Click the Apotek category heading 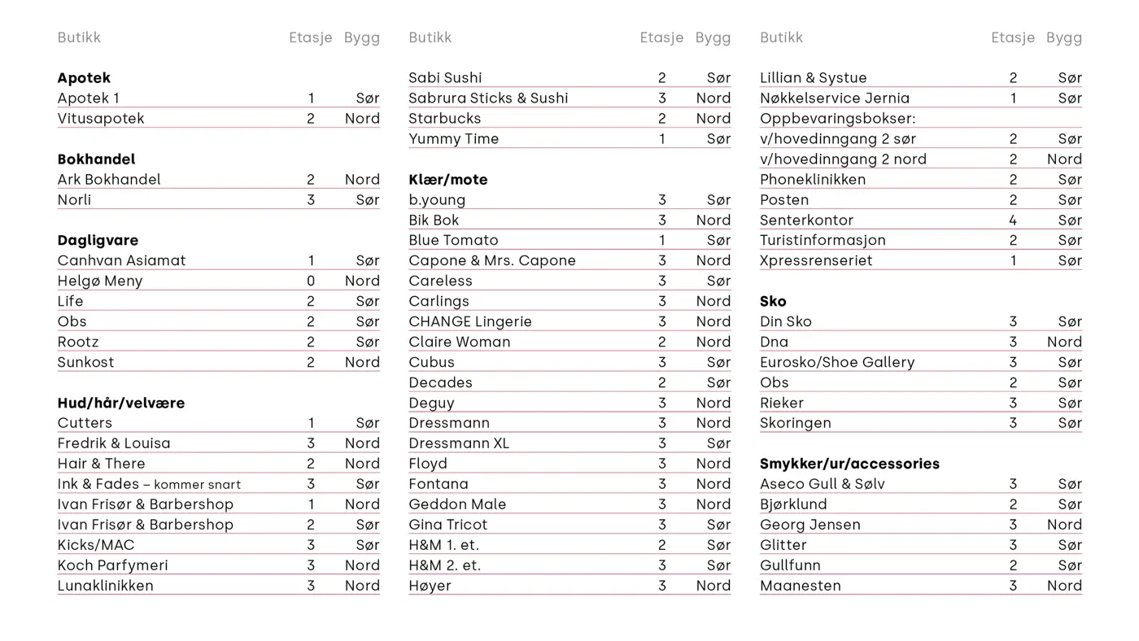tap(84, 78)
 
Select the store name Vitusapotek tap(101, 119)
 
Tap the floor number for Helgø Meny tap(311, 281)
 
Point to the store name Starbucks tap(444, 119)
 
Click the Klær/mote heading tap(447, 180)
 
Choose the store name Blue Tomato tap(453, 241)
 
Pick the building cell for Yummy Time tap(718, 139)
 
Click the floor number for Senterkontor tap(1013, 220)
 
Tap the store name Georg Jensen tap(810, 525)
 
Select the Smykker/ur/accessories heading tap(849, 464)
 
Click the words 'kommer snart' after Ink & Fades tap(198, 485)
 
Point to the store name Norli tap(74, 200)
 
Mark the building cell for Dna tap(1064, 342)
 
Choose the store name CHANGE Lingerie tap(469, 322)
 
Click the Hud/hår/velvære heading tap(120, 403)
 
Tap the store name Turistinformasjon tap(823, 241)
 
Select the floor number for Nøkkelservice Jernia tap(1013, 98)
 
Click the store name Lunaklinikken tap(105, 586)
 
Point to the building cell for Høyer tap(714, 586)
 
